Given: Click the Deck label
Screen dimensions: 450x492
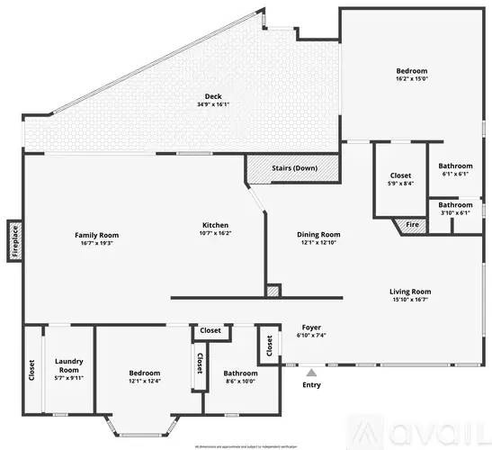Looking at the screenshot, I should (x=213, y=95).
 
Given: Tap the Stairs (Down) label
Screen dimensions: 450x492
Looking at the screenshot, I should (x=295, y=168).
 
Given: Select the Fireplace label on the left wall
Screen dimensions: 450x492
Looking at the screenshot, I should (x=14, y=240).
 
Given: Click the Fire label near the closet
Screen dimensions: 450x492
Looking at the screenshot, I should (x=411, y=225).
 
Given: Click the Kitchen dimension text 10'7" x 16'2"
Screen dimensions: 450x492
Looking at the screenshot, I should (x=215, y=233).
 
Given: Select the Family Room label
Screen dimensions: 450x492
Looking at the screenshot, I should (x=96, y=235).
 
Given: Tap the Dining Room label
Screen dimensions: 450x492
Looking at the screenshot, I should (x=318, y=235).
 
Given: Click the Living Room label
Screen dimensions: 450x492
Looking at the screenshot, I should (x=410, y=291).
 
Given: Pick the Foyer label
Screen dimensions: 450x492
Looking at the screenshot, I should (x=311, y=328).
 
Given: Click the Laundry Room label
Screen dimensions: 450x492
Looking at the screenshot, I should (x=69, y=364).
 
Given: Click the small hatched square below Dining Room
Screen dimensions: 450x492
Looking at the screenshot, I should (x=273, y=292).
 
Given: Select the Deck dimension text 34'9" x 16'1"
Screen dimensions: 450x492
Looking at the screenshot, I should (x=213, y=104).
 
